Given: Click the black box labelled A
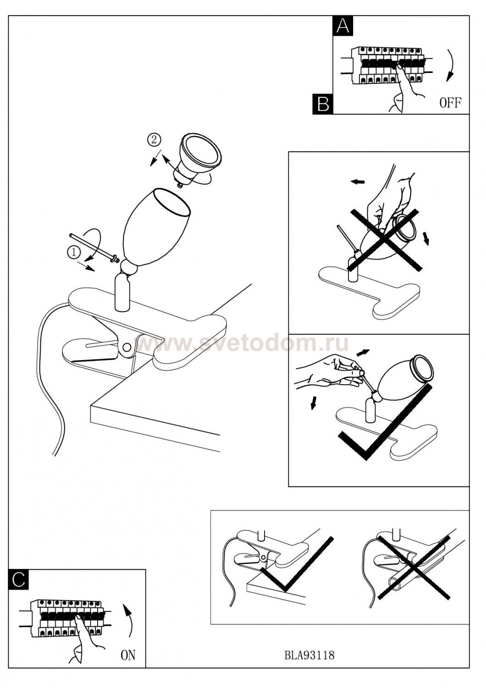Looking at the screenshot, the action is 343,26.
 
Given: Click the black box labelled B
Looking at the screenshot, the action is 323,104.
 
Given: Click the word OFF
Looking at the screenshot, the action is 450,103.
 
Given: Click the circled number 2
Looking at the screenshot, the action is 154,140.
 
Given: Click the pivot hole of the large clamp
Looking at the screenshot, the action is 126,347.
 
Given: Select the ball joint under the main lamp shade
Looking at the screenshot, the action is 129,267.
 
